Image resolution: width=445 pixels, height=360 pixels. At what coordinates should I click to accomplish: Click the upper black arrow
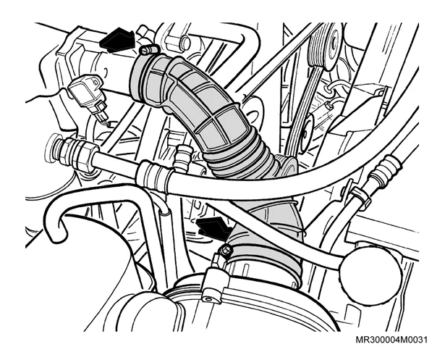click(x=117, y=41)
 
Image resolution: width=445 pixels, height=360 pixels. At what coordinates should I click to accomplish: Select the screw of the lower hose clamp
click(x=225, y=250)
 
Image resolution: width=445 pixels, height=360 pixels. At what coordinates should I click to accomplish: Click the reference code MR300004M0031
click(x=391, y=340)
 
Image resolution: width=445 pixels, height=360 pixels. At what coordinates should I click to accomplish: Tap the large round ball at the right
click(x=370, y=275)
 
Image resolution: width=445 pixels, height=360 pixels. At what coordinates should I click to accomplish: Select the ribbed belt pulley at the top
click(x=325, y=48)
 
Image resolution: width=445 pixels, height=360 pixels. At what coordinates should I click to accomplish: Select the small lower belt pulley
click(x=305, y=133)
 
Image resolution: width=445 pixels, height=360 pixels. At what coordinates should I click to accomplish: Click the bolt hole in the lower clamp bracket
click(x=208, y=299)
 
